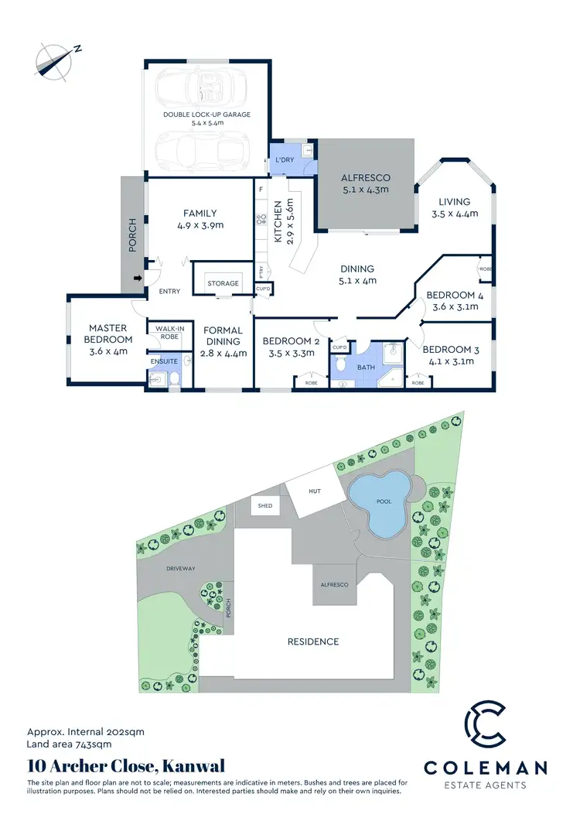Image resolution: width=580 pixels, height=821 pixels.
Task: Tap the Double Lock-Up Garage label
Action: point(206,115)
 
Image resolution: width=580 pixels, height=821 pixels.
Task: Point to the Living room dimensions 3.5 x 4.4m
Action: point(451,214)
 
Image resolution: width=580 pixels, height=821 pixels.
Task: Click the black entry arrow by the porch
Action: point(139,278)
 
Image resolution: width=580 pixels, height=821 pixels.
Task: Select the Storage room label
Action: point(223,283)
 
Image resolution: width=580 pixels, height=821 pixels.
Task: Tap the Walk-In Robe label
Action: point(169,333)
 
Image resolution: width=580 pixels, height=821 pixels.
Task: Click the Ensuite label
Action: point(165,361)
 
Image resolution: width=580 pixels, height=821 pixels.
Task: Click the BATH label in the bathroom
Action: point(364,368)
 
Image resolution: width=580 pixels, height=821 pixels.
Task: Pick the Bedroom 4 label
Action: point(450,296)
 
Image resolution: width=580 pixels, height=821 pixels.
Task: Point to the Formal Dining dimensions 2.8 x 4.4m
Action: point(223,354)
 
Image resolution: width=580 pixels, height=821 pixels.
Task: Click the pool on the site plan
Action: point(381,502)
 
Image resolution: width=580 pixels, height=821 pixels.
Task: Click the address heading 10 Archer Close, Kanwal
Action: point(126,766)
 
